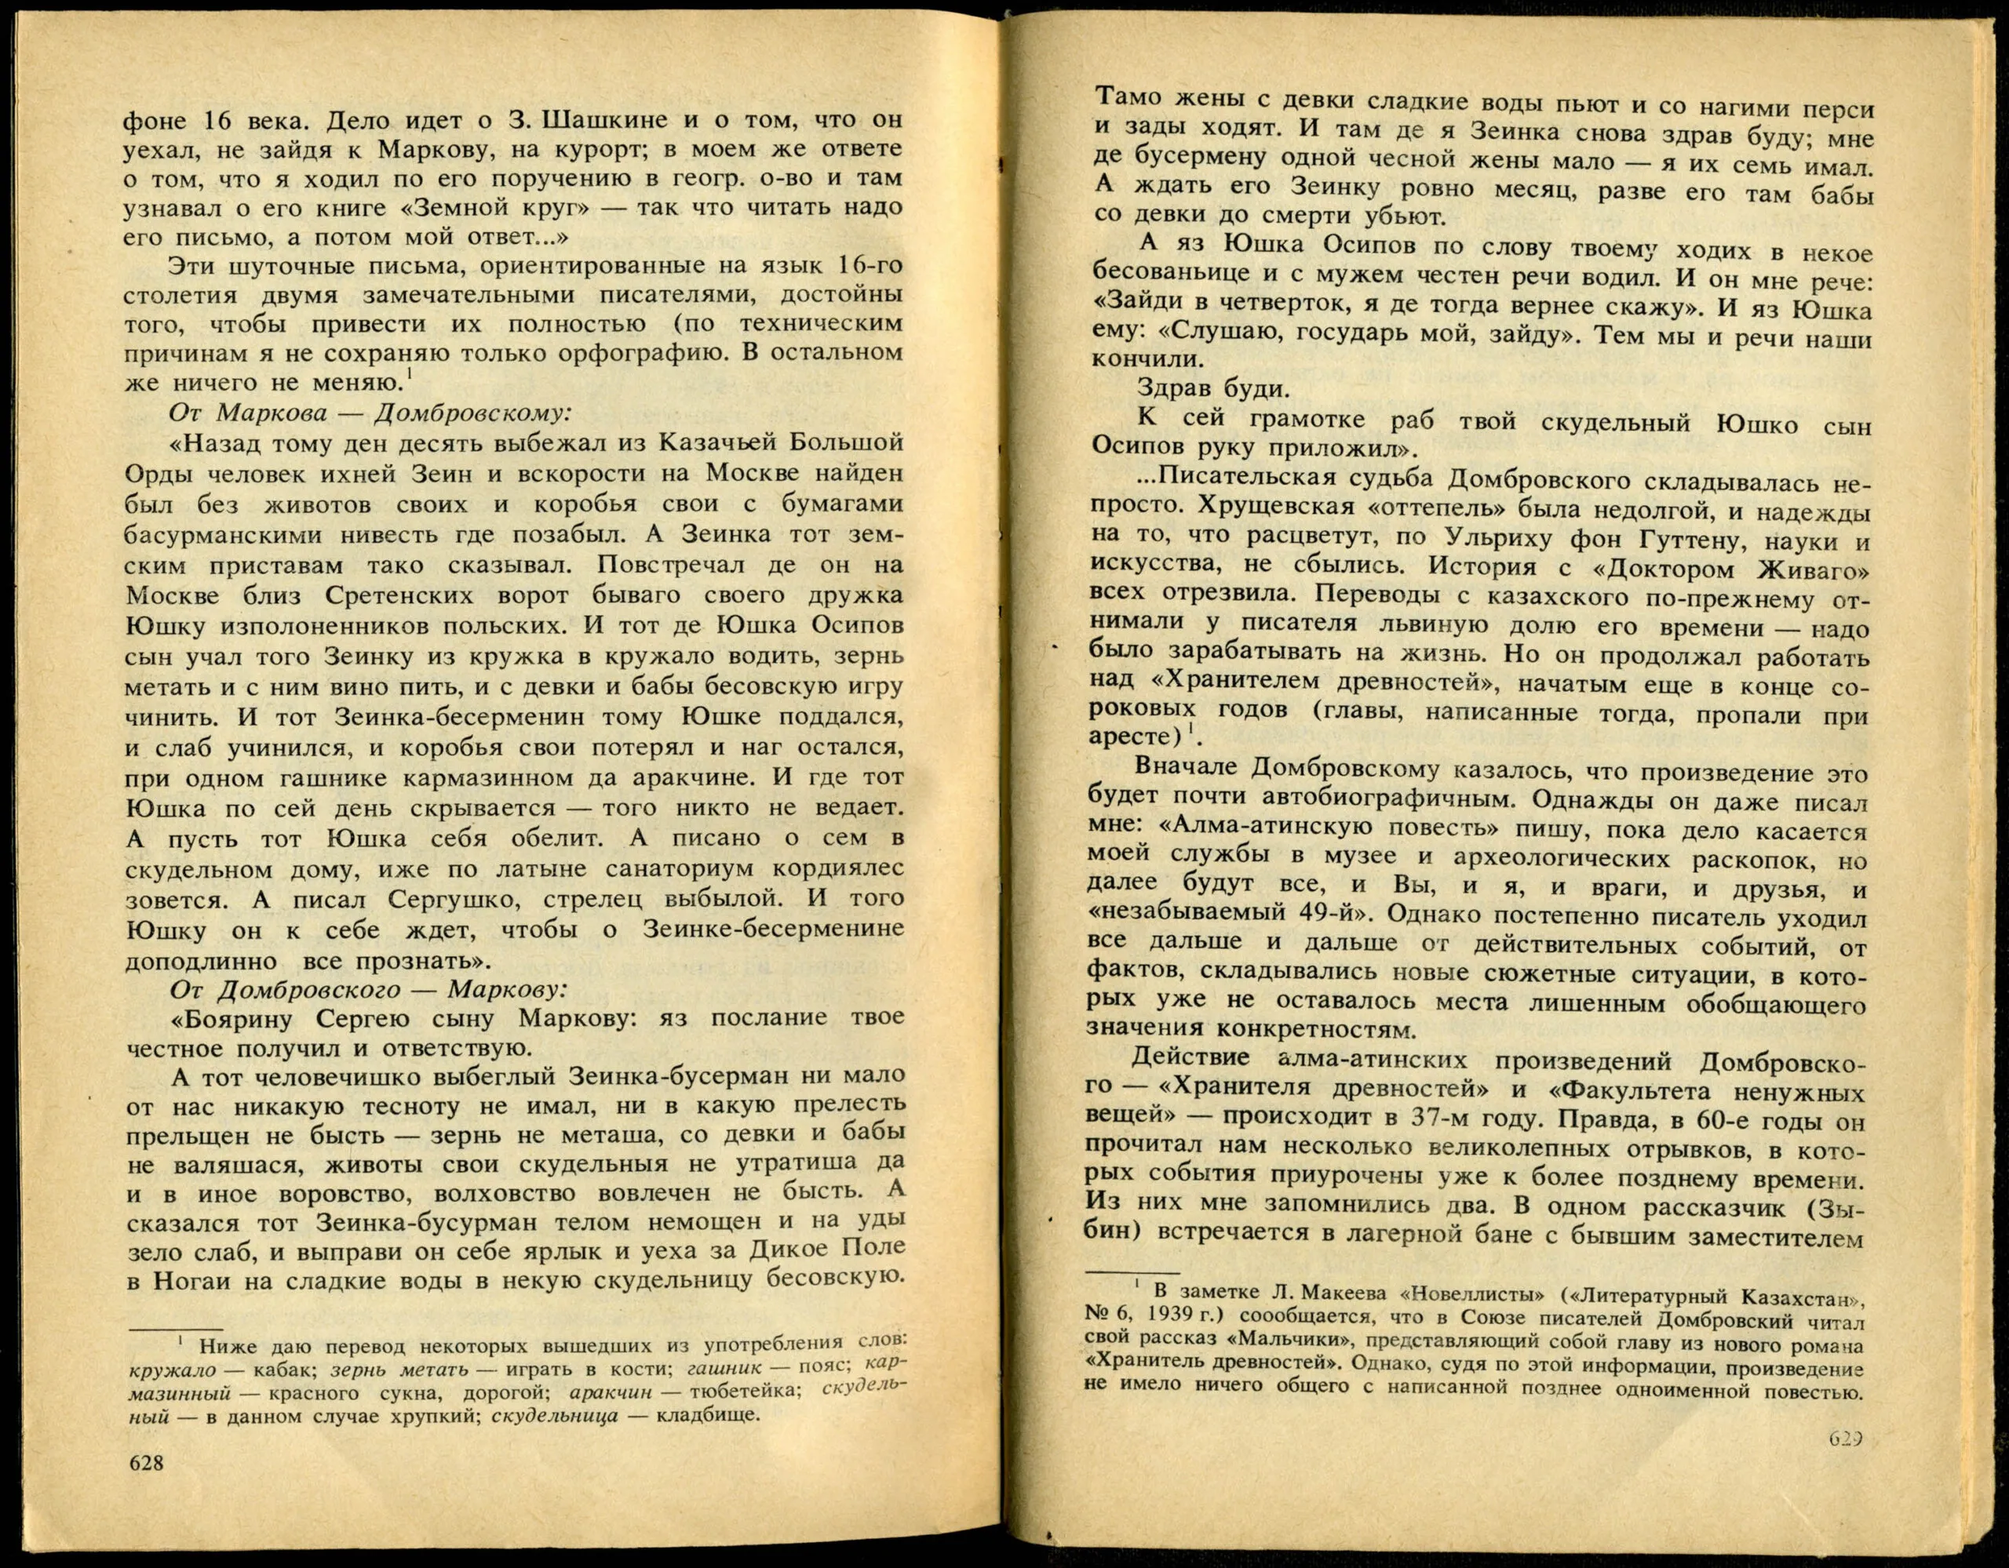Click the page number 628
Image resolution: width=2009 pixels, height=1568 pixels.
[x=146, y=1462]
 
